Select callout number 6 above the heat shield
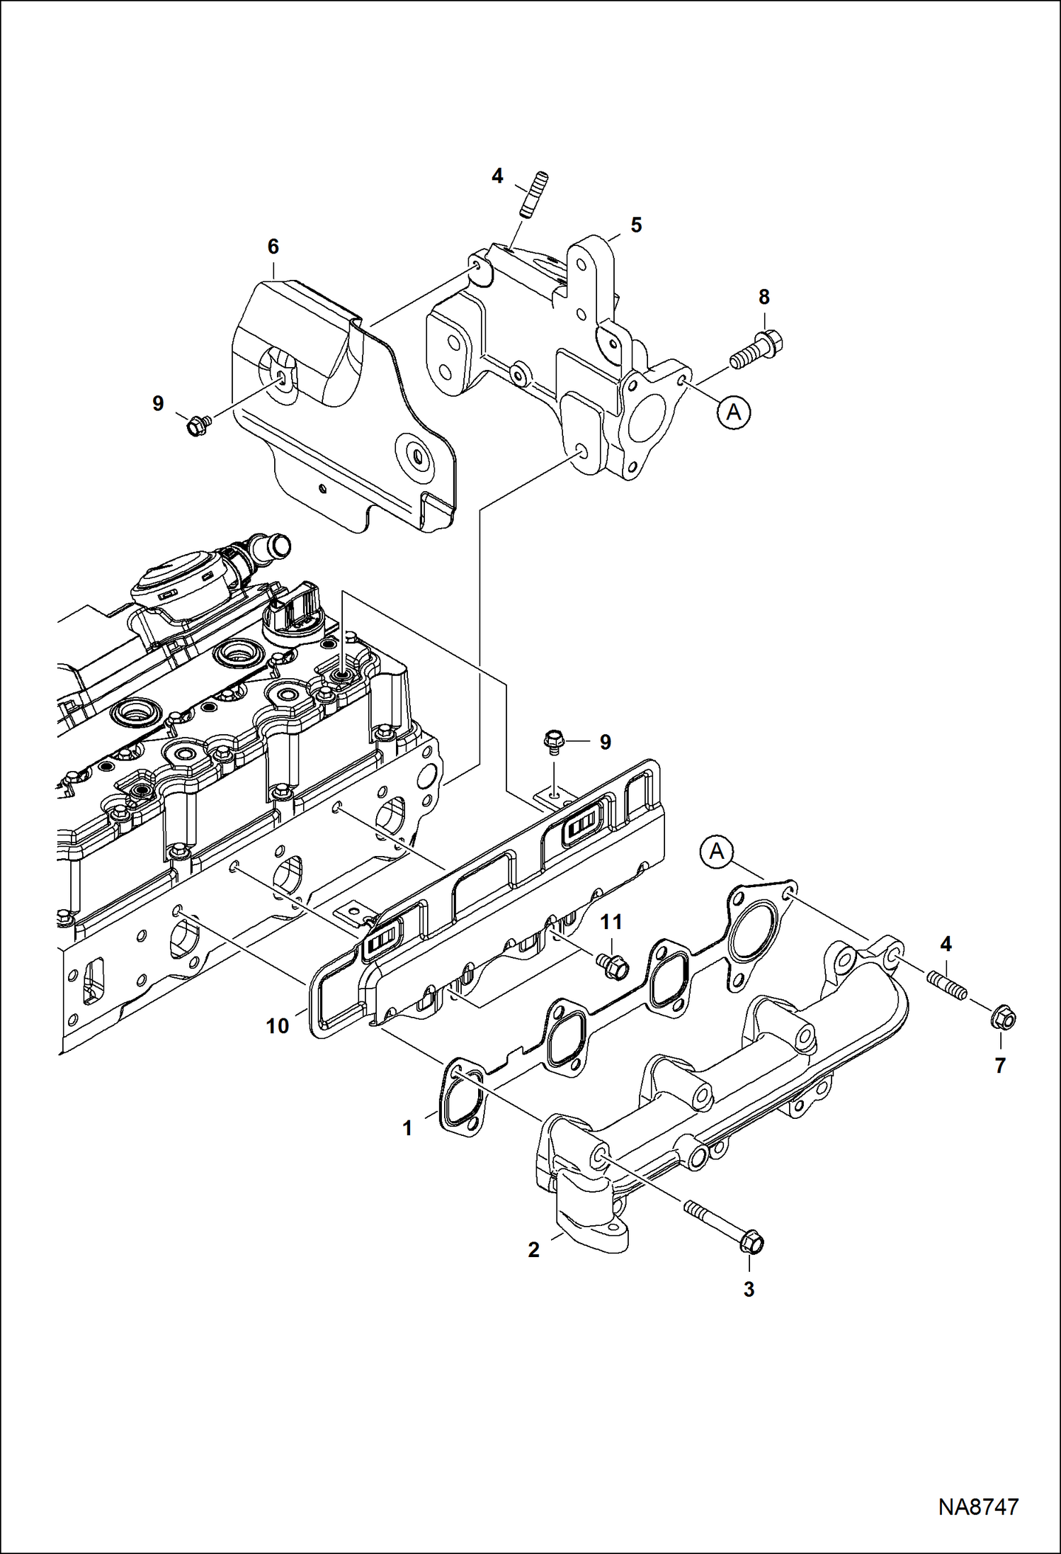coord(273,247)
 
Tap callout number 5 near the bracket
coord(636,225)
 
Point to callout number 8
coord(764,297)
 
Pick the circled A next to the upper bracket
coord(734,411)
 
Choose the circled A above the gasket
coord(717,852)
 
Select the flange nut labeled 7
coord(1004,1018)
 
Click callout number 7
coord(1000,1065)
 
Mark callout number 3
coord(749,1290)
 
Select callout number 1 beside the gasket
coord(407,1128)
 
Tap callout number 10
coord(277,1025)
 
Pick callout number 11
coord(611,922)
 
